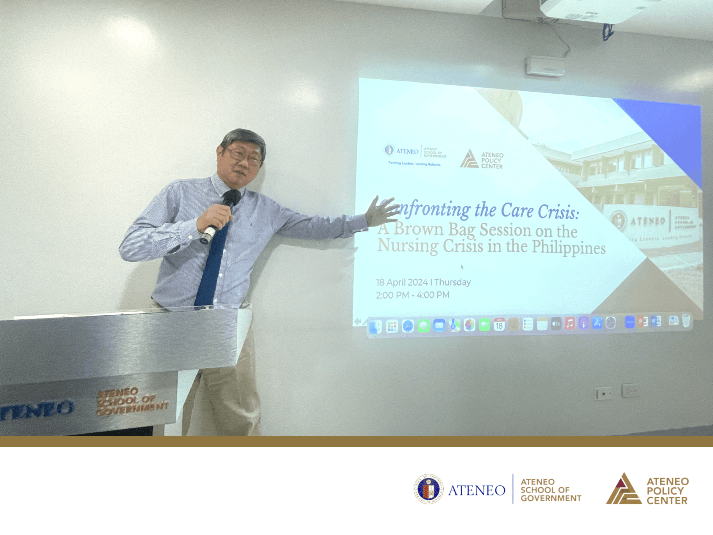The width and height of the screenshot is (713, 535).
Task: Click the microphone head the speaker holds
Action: pos(232,197)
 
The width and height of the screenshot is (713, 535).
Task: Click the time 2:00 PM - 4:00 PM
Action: pos(412,295)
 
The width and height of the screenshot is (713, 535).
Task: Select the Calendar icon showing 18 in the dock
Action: pos(499,325)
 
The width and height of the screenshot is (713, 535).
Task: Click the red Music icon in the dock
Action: pos(570,324)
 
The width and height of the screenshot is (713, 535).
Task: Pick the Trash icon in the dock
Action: pos(686,321)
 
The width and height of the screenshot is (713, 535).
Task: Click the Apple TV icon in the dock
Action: pos(556,324)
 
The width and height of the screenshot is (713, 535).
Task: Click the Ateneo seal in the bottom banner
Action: pos(428,489)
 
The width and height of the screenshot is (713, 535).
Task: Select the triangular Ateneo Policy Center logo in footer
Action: pos(624,489)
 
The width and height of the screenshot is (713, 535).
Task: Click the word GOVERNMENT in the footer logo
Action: pos(551,498)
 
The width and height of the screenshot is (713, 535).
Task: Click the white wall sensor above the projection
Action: pos(545,66)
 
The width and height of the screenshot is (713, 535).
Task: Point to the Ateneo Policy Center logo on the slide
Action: pos(481,160)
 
